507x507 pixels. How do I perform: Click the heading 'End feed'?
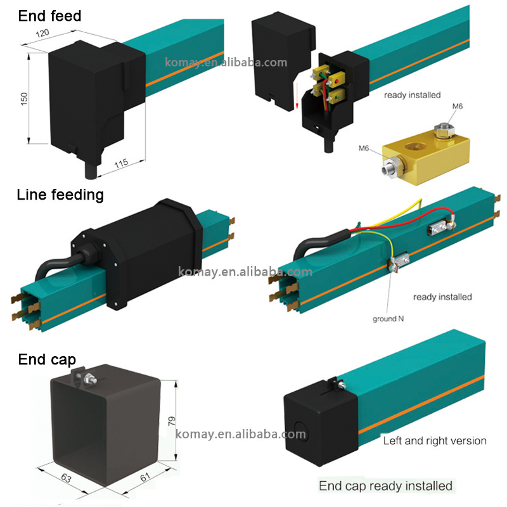pyautogui.click(x=50, y=15)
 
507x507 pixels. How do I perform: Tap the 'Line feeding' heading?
pyautogui.click(x=60, y=195)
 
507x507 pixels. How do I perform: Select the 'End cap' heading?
pyautogui.click(x=47, y=360)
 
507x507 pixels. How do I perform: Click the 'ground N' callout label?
pyautogui.click(x=388, y=319)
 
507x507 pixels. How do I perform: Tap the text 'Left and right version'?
pyautogui.click(x=435, y=440)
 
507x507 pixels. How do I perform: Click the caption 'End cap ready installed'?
pyautogui.click(x=385, y=486)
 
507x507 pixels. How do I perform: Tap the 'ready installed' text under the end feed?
pyautogui.click(x=412, y=95)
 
